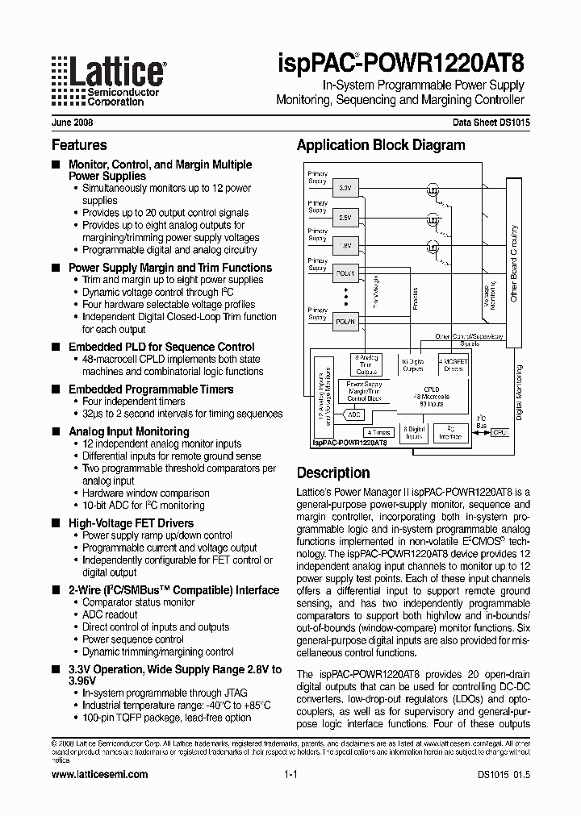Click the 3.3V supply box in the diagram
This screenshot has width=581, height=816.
coord(344,188)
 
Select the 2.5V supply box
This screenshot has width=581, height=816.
coord(344,218)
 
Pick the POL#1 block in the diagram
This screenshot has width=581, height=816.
coord(344,274)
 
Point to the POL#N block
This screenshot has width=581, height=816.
coord(344,321)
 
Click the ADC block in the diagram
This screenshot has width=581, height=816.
coord(353,414)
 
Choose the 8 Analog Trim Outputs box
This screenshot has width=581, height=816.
coord(367,364)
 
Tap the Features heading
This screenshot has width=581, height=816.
coord(79,145)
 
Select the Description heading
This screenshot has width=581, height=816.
coord(333,473)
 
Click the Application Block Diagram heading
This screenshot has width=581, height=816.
coord(381,145)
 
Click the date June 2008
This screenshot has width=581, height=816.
coord(72,123)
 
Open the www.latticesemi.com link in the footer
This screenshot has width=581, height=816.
coord(99,774)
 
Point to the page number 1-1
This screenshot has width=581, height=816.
coord(291,774)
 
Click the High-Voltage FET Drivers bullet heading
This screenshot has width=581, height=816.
coord(131,523)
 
